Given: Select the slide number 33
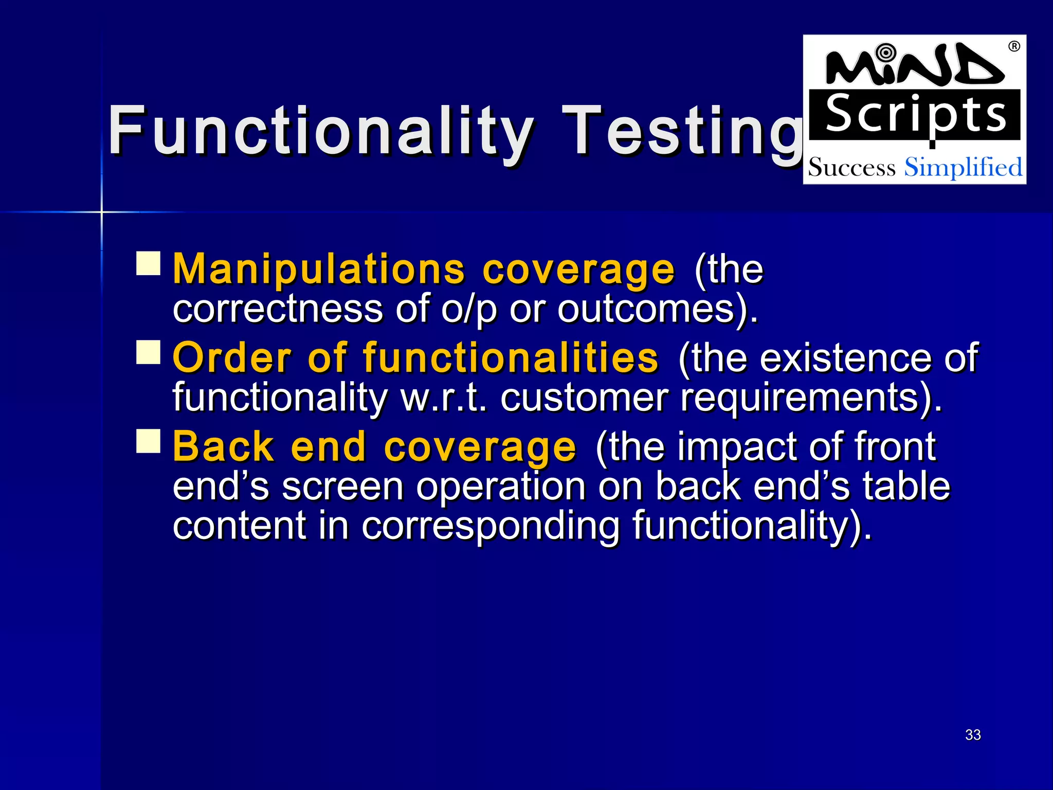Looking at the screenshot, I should coord(973,734).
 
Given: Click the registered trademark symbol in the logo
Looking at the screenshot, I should coord(1014,47).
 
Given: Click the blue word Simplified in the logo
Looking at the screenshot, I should coord(963,167).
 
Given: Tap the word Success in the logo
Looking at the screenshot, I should coord(851,168).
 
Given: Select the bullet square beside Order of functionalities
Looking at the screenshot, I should coord(149,352).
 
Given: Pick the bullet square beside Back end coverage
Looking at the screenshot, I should coord(149,441).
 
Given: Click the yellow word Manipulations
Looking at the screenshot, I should coord(319,268).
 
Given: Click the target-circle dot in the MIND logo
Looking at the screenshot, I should coord(885,52).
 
